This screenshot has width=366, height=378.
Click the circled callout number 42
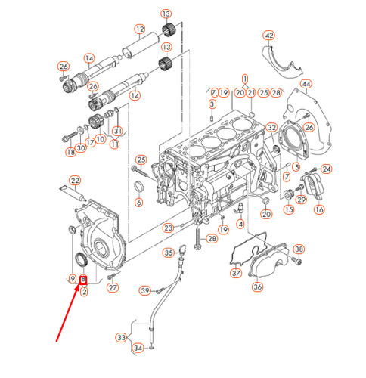(x=268, y=36)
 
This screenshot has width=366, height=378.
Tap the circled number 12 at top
(x=139, y=30)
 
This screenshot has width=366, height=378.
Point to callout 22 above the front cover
(x=75, y=180)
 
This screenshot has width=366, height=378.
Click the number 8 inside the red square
(x=83, y=280)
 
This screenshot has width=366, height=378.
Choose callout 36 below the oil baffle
(x=256, y=287)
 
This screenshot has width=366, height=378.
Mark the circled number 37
(x=235, y=273)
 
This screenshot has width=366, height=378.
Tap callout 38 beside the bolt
(x=298, y=249)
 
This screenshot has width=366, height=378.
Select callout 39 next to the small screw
(x=144, y=291)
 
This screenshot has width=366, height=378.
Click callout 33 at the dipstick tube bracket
(x=121, y=338)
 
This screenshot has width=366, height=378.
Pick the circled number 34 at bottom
(x=138, y=349)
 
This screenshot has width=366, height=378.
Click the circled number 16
(x=319, y=209)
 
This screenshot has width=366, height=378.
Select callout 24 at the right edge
(x=327, y=169)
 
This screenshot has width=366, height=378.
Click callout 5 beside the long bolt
(x=141, y=159)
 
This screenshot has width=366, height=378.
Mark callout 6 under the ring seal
(x=139, y=203)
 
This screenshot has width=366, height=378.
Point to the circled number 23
(x=168, y=227)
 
